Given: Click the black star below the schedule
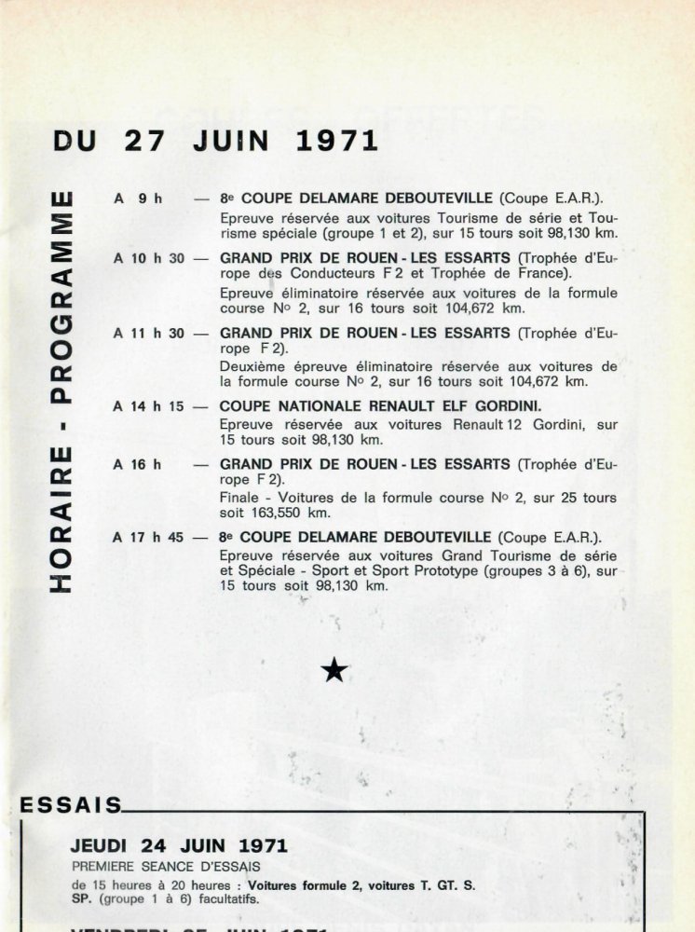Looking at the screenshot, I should tap(334, 669).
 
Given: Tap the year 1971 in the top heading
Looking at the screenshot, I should tap(336, 141).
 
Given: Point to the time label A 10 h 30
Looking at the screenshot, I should tap(149, 258).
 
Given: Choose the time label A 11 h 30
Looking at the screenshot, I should tap(149, 333).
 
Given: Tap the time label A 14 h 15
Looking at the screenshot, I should tap(149, 406).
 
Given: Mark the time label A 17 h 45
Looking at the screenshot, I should tap(149, 537).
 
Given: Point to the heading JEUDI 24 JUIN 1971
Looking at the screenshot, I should tap(179, 846).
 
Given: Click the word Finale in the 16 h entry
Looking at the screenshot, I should tap(239, 498).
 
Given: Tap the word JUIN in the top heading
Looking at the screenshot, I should tap(231, 141).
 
